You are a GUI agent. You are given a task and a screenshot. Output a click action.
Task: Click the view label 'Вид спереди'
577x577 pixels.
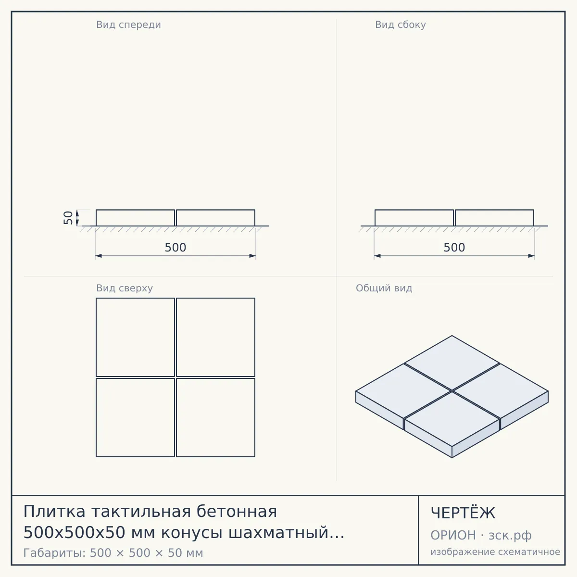pyautogui.click(x=128, y=25)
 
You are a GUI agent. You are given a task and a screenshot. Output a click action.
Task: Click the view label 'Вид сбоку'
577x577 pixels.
pyautogui.click(x=401, y=25)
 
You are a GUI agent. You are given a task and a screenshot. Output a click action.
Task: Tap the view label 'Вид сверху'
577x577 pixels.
pyautogui.click(x=124, y=288)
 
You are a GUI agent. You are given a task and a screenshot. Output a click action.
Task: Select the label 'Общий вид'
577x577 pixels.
pyautogui.click(x=384, y=288)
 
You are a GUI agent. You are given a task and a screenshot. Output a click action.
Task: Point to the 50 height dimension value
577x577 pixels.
pyautogui.click(x=68, y=218)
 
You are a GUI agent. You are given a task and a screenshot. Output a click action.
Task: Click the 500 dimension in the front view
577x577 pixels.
pyautogui.click(x=176, y=247)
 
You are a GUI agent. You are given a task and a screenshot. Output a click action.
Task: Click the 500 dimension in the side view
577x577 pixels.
pyautogui.click(x=454, y=247)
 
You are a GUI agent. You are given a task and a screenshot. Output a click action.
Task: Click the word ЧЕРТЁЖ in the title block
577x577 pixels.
pyautogui.click(x=463, y=513)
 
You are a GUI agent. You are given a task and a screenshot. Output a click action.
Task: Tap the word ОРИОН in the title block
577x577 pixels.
pyautogui.click(x=453, y=535)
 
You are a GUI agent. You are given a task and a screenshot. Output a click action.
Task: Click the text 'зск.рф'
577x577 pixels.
pyautogui.click(x=510, y=536)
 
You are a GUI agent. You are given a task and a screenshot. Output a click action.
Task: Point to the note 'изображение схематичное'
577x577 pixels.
pyautogui.click(x=495, y=552)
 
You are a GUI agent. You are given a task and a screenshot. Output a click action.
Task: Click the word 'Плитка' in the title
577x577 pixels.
pyautogui.click(x=54, y=512)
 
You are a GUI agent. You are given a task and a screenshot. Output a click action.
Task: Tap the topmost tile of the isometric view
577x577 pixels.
pyautogui.click(x=452, y=363)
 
